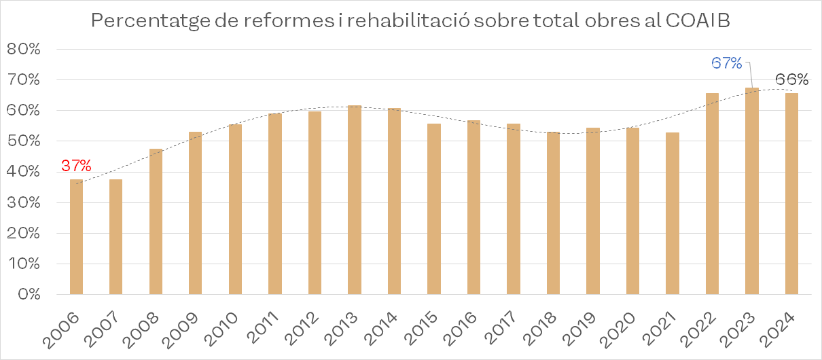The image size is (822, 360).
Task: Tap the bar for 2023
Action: click(x=751, y=191)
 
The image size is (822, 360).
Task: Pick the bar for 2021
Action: click(x=673, y=213)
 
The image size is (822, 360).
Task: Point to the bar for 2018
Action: click(x=553, y=213)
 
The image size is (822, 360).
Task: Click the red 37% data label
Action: click(x=76, y=166)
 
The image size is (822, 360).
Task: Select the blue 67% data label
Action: click(x=726, y=63)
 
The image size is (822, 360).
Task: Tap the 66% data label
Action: click(x=791, y=79)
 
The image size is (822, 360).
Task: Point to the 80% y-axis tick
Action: click(x=26, y=50)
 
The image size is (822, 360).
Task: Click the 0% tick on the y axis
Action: click(x=30, y=295)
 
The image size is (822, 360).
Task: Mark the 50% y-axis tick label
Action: click(x=26, y=141)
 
